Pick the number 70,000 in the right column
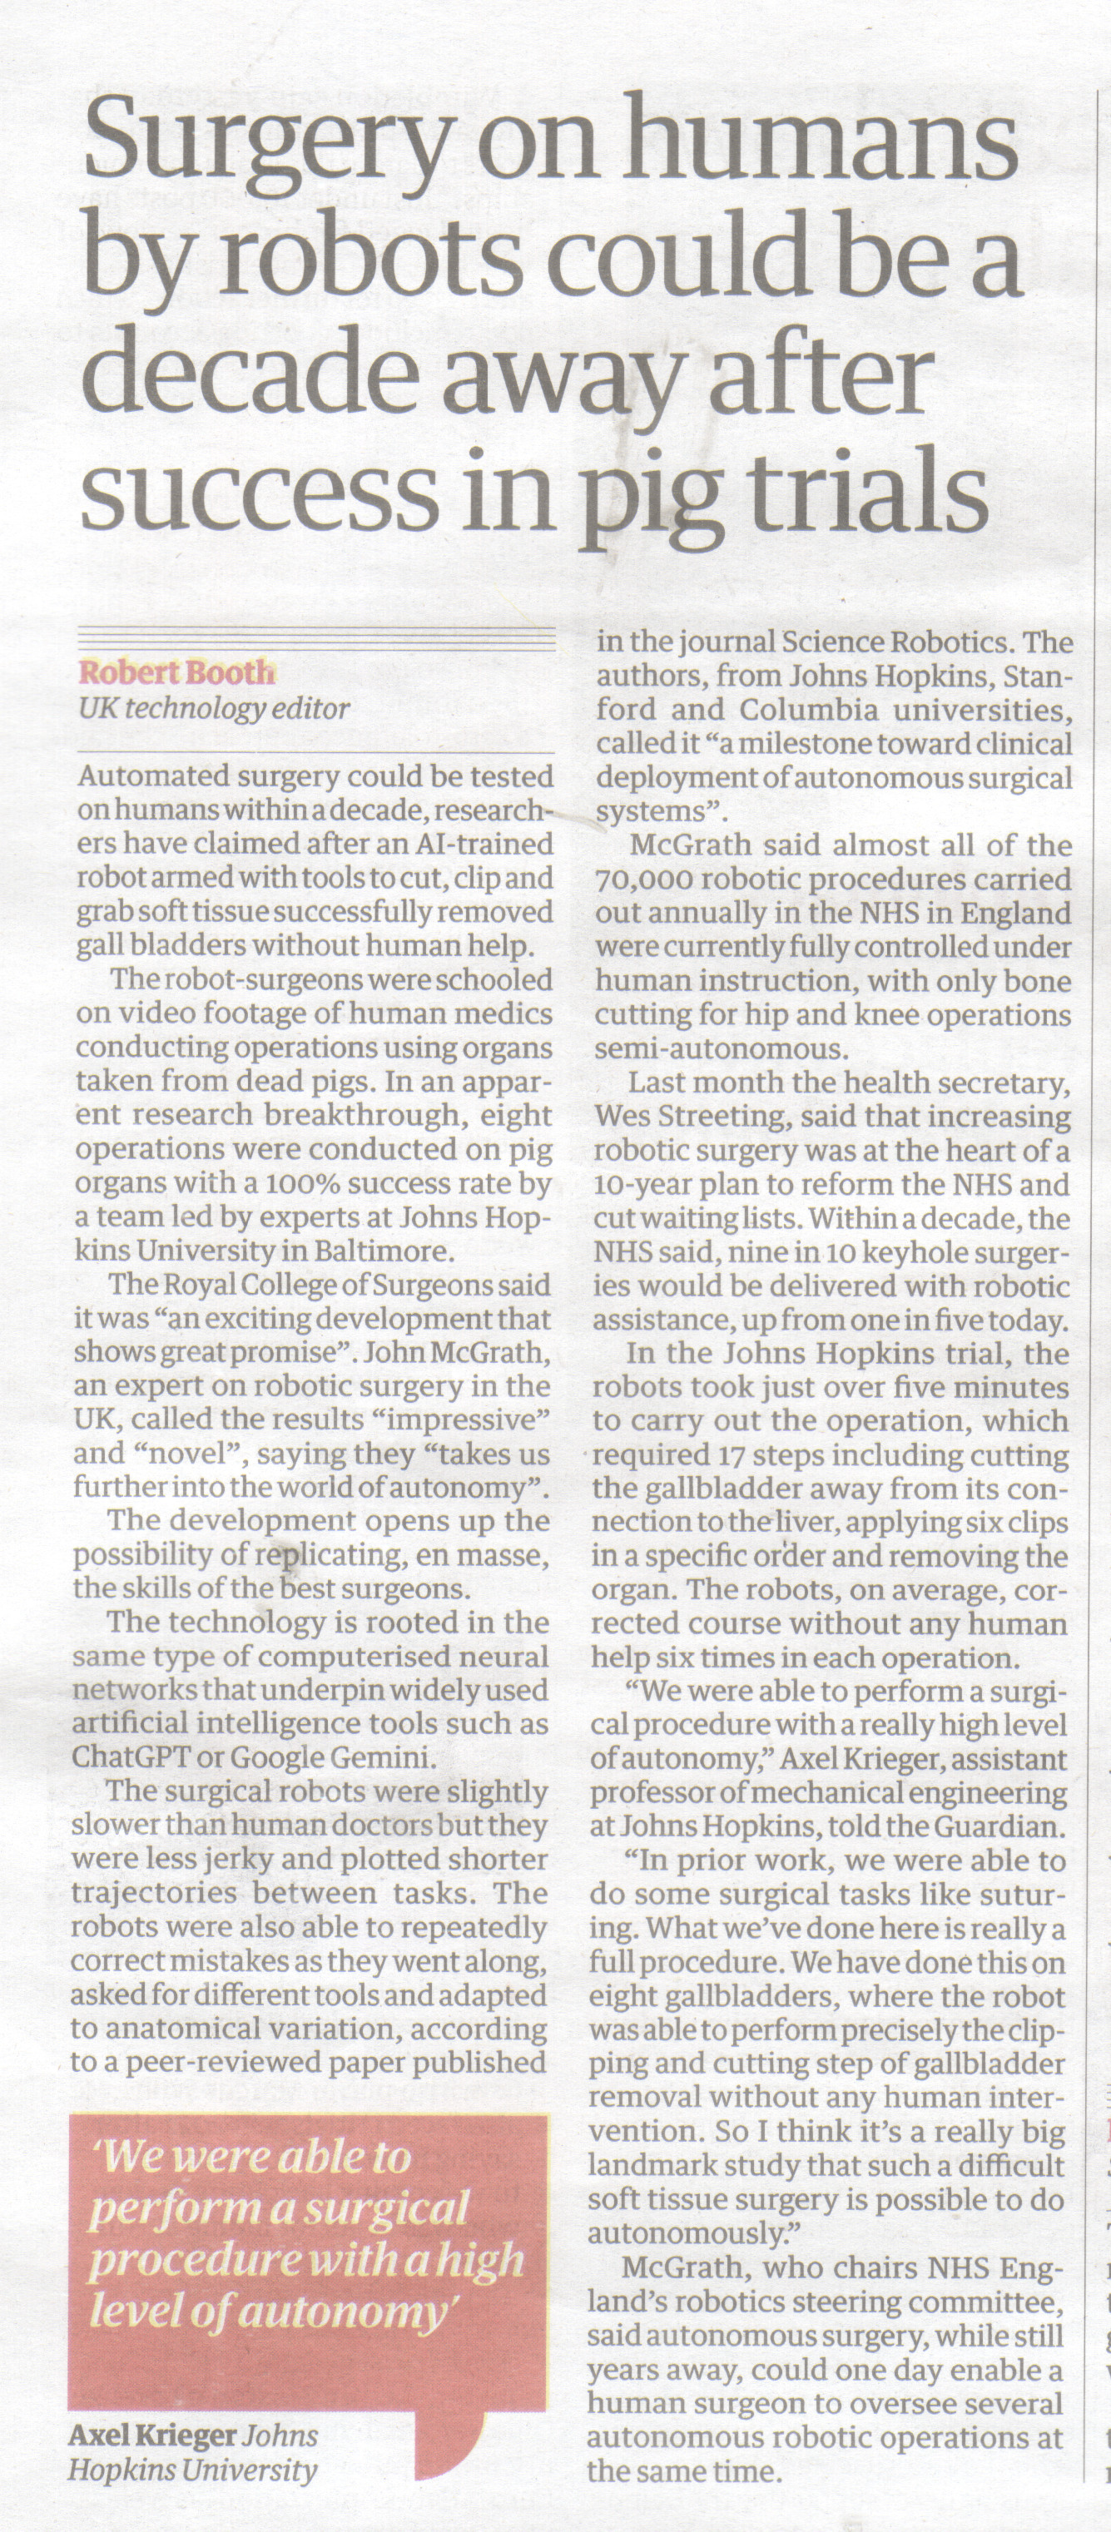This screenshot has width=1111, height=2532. pos(643,880)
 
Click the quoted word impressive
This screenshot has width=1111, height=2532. pos(476,1420)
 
